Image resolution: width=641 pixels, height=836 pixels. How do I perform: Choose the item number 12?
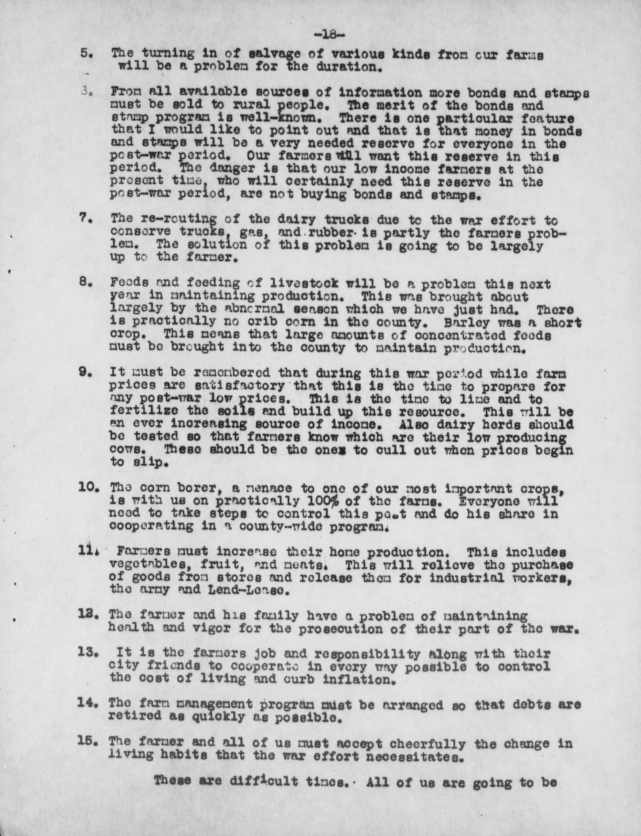[89, 615]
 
